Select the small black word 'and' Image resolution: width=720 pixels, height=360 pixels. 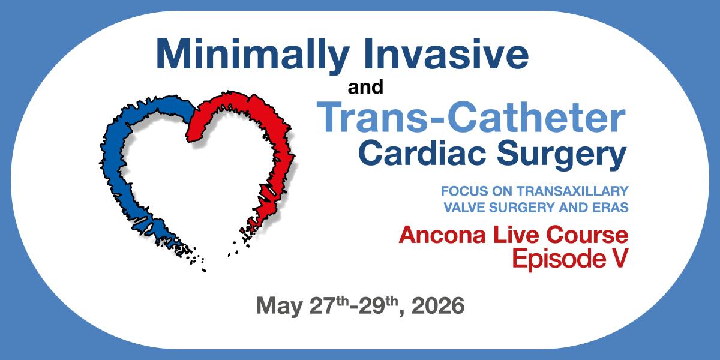click(x=365, y=87)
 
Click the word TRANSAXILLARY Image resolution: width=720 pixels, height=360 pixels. click(x=572, y=191)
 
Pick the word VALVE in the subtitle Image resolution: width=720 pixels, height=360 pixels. click(x=464, y=208)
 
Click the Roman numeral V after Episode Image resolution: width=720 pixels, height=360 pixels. click(x=620, y=258)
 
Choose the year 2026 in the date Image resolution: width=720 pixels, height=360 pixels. click(x=438, y=305)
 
